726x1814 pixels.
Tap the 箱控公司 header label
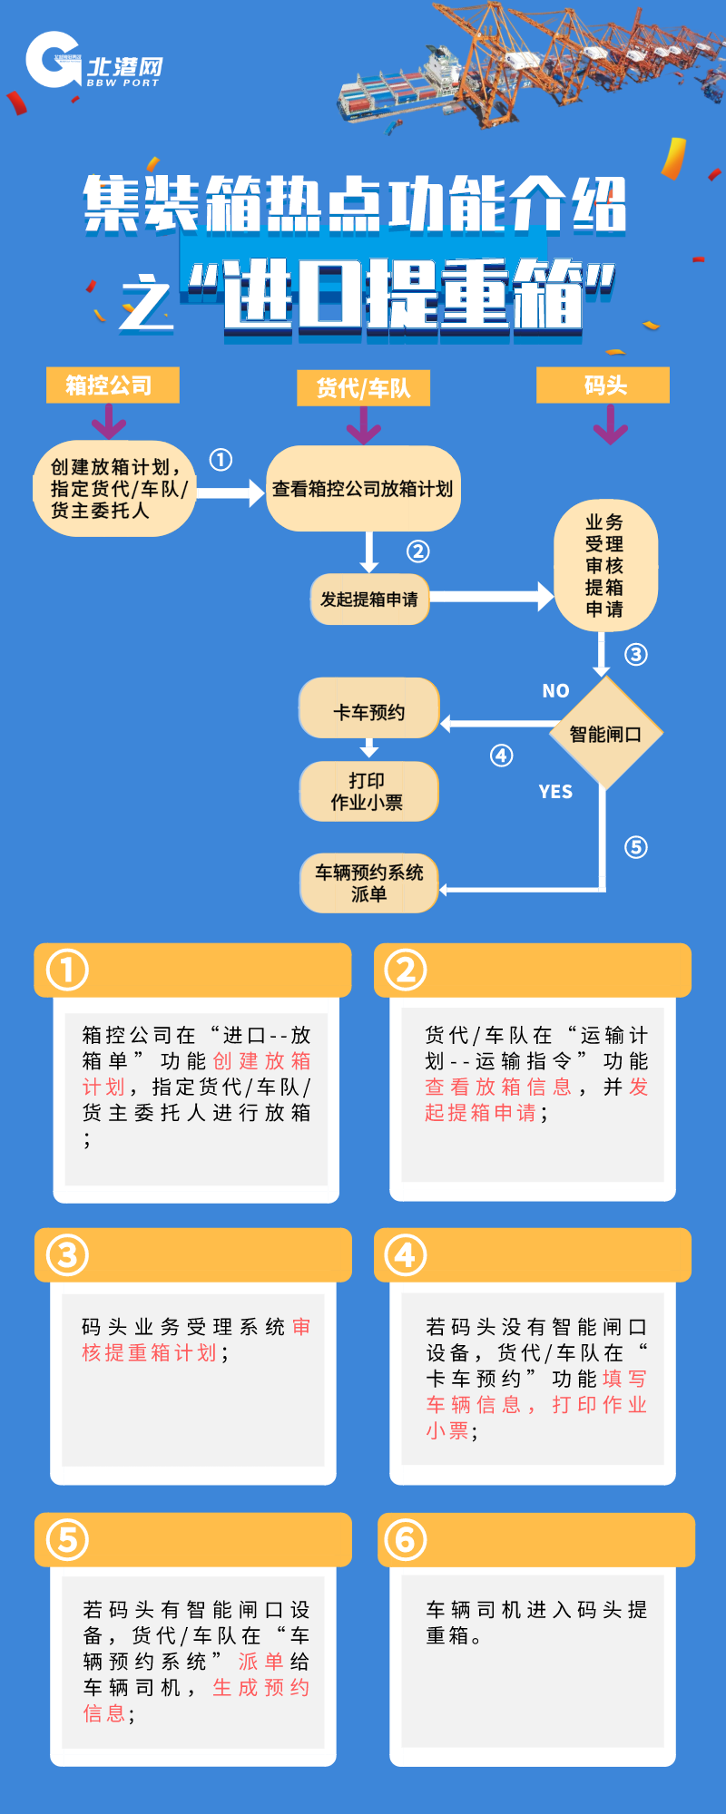(x=113, y=385)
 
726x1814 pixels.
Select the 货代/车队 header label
(x=363, y=388)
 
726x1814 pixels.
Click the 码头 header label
(x=603, y=385)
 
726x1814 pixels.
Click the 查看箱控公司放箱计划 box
(x=363, y=489)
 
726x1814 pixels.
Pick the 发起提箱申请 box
(x=369, y=600)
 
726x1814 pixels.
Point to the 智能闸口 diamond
(x=605, y=734)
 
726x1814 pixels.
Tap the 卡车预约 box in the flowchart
(x=369, y=712)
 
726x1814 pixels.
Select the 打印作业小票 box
(x=368, y=792)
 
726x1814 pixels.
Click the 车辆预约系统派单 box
(x=369, y=883)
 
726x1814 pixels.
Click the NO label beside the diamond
(x=555, y=691)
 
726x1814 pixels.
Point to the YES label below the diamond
(x=555, y=792)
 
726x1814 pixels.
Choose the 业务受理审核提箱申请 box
(x=604, y=566)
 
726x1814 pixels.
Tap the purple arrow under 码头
(x=611, y=424)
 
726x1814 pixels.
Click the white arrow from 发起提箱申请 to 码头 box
(x=490, y=597)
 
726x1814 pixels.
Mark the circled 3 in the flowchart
(x=636, y=655)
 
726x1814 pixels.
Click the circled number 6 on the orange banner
(x=405, y=1539)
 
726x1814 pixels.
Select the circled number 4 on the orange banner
(x=405, y=1255)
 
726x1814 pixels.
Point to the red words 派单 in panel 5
(x=260, y=1662)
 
